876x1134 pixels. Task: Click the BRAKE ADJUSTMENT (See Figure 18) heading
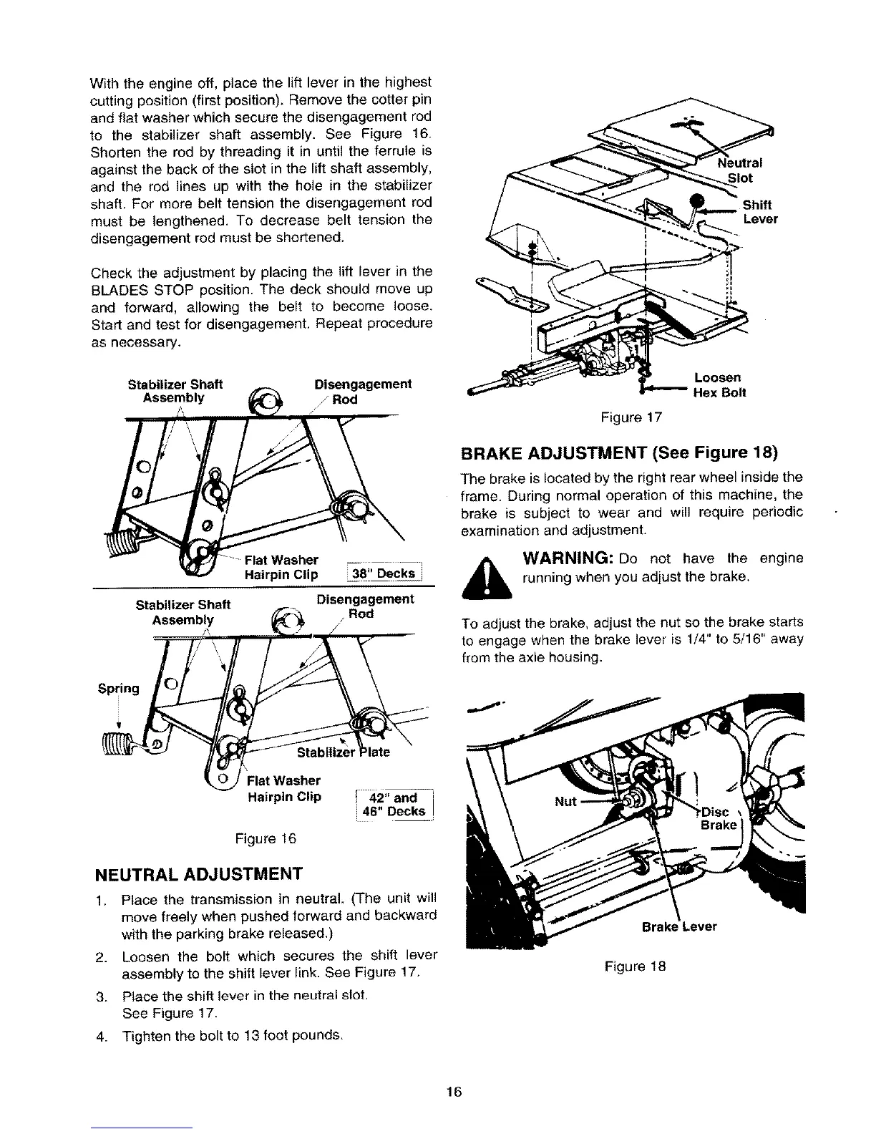[x=618, y=454]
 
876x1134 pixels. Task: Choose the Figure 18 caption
[x=636, y=966]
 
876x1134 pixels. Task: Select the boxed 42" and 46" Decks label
[x=395, y=804]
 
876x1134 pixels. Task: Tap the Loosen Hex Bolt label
[x=718, y=384]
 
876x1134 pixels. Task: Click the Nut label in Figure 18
[x=566, y=801]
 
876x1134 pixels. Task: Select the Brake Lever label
[x=678, y=927]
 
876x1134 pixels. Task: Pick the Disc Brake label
[x=717, y=818]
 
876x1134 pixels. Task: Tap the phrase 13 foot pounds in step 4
[x=295, y=1035]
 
